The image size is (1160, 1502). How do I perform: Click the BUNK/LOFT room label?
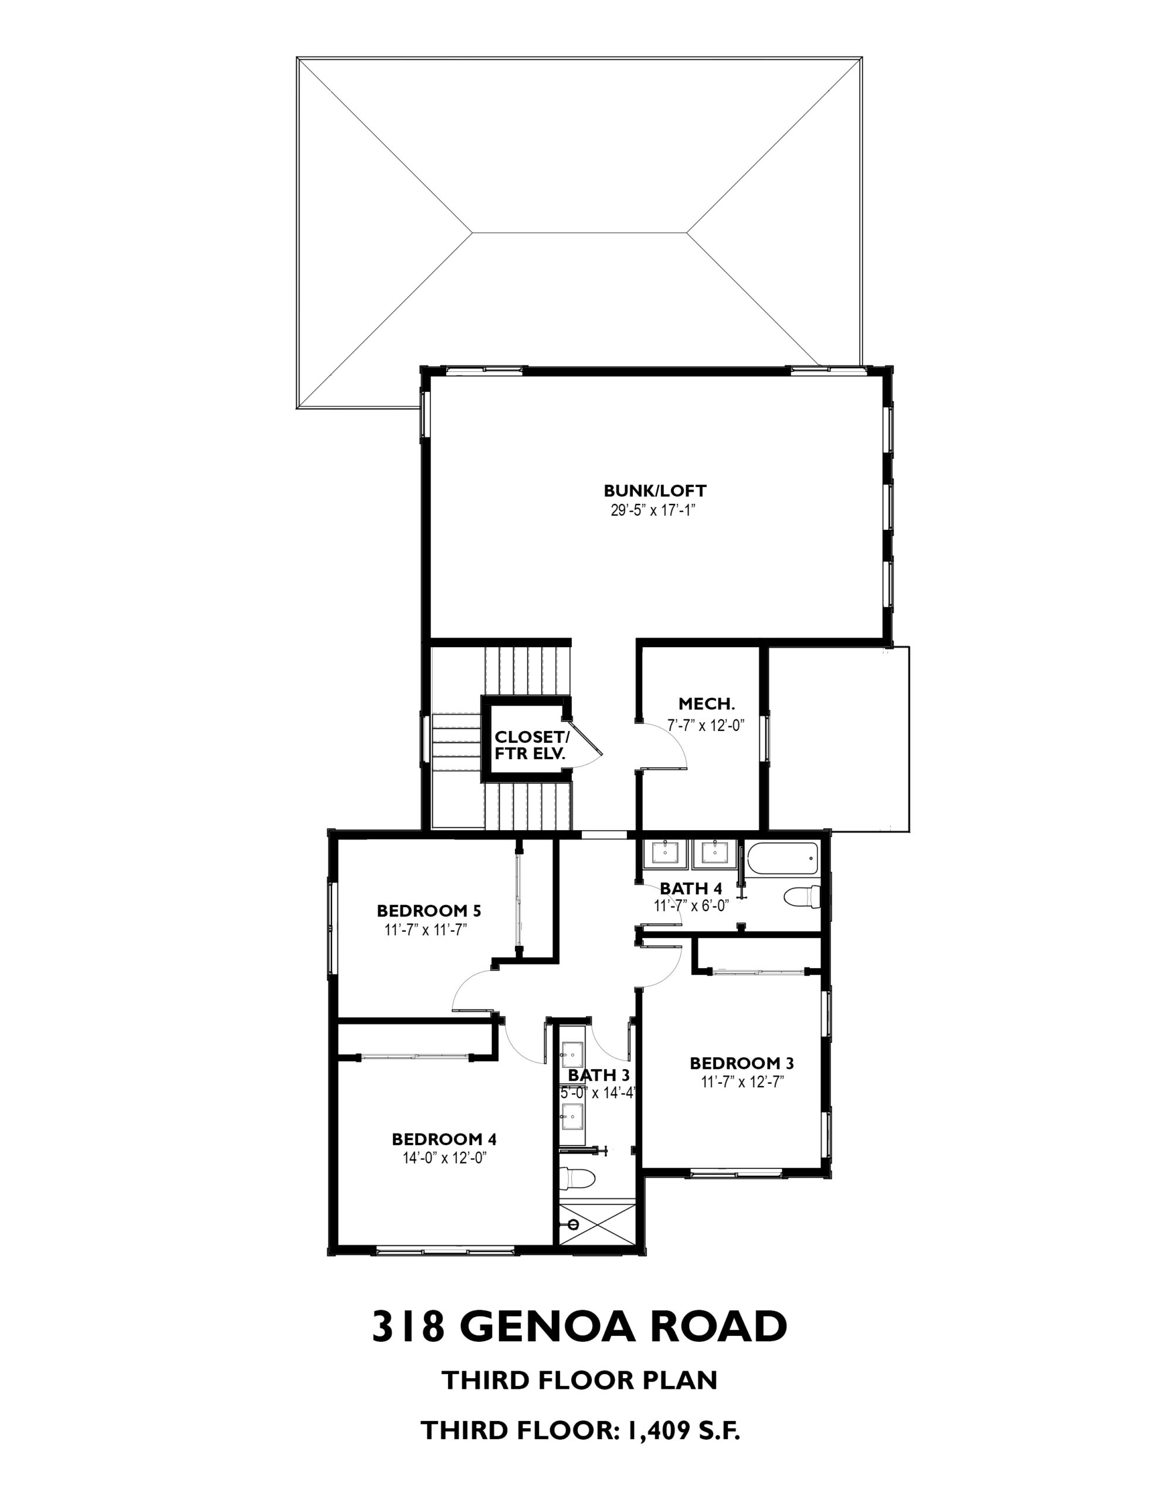(x=654, y=490)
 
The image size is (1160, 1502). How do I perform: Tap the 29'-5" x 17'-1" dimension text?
(x=654, y=510)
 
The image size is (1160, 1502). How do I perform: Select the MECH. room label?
(x=707, y=703)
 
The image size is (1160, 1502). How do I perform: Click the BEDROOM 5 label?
(x=428, y=911)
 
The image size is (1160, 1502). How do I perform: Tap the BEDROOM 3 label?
(x=742, y=1063)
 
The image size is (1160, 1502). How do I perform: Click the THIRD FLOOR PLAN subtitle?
(x=579, y=1381)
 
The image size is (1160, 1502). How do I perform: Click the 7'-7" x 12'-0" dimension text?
(x=706, y=725)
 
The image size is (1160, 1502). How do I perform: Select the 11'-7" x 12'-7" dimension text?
(x=742, y=1082)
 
